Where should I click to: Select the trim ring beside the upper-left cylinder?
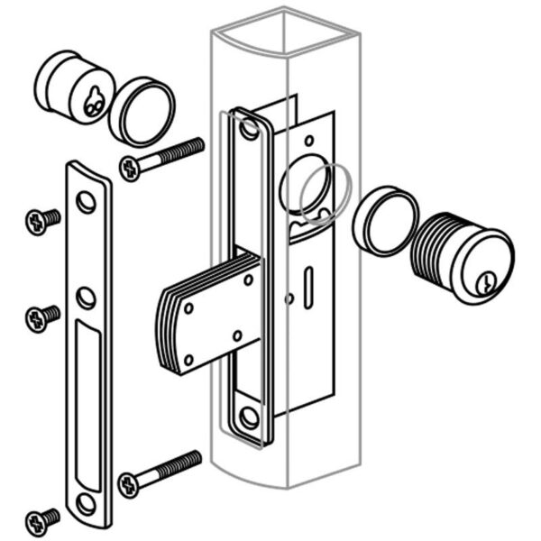point(142,112)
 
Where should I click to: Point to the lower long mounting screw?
point(160,472)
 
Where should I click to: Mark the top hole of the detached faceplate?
point(86,201)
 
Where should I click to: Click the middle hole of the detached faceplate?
point(86,297)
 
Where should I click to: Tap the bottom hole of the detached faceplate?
point(86,502)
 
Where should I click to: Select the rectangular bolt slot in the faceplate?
point(90,406)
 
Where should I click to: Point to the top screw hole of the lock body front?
point(249,131)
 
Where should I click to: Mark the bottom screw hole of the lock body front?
point(249,417)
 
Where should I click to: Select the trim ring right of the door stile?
point(384,221)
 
